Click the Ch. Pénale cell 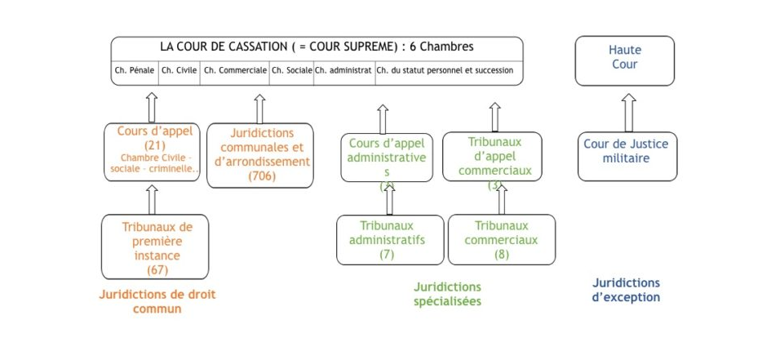coord(134,70)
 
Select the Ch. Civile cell coord(179,70)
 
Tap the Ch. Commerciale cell coord(235,70)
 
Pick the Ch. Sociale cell coord(291,70)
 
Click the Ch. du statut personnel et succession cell coord(447,70)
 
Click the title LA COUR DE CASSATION coord(317,47)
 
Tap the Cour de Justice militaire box coord(626,151)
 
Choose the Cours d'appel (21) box coord(153,151)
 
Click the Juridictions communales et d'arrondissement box coord(259,155)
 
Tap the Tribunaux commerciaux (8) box coord(501,239)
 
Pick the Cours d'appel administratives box coord(387,157)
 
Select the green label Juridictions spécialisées coord(446,294)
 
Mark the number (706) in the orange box coord(259,176)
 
